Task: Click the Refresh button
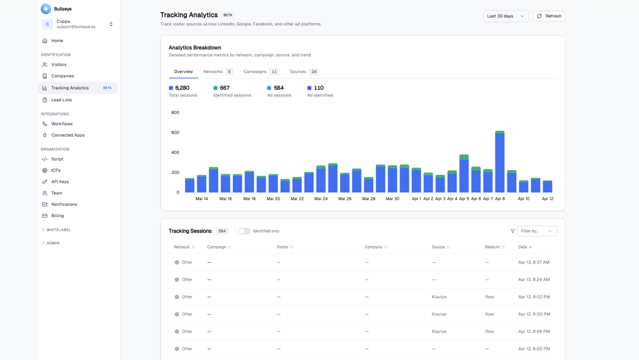pos(549,16)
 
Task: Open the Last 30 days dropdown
pos(505,16)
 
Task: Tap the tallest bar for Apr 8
pos(499,162)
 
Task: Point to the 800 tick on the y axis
pos(175,113)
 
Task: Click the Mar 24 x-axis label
pos(321,199)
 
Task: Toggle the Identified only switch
pos(244,231)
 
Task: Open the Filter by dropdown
pos(536,231)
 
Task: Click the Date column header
pos(525,247)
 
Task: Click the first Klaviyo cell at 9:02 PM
pos(439,297)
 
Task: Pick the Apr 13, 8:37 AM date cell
pos(534,262)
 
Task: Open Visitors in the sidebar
pos(59,64)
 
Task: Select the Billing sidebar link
pos(58,216)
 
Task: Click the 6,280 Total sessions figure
pos(182,88)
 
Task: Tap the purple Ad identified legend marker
pos(309,88)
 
